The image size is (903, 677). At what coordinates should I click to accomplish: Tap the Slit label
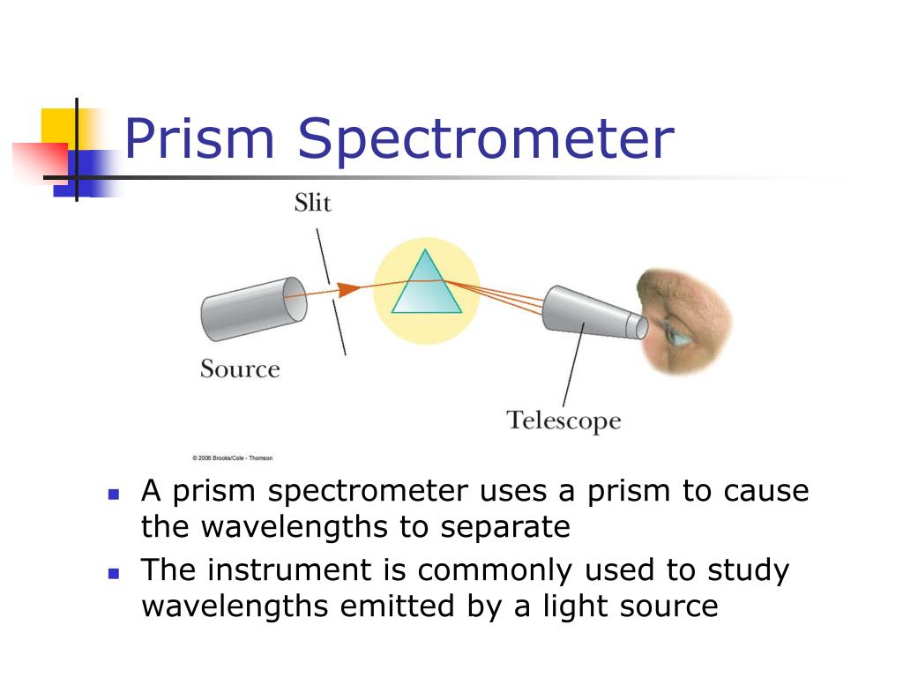pyautogui.click(x=312, y=203)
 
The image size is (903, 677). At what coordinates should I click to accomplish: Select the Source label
pyautogui.click(x=240, y=368)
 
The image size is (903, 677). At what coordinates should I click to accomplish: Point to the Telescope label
pyautogui.click(x=563, y=420)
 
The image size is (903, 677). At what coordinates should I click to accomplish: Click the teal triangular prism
pyautogui.click(x=426, y=286)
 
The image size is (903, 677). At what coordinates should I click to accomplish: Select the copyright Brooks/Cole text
pyautogui.click(x=233, y=458)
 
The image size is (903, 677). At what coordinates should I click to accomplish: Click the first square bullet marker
pyautogui.click(x=113, y=495)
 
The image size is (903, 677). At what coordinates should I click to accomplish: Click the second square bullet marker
pyautogui.click(x=113, y=573)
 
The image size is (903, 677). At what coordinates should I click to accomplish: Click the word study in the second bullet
pyautogui.click(x=748, y=570)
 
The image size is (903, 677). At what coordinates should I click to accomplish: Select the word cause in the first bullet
pyautogui.click(x=766, y=491)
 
